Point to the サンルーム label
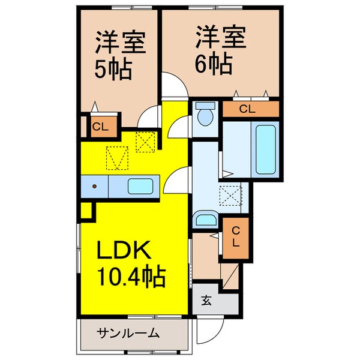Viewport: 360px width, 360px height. pyautogui.click(x=128, y=332)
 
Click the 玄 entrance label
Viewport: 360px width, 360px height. pyautogui.click(x=206, y=301)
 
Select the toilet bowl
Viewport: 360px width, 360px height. pyautogui.click(x=206, y=115)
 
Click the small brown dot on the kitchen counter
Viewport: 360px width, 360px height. pyautogui.click(x=95, y=187)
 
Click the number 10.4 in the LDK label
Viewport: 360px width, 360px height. pyautogui.click(x=118, y=278)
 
